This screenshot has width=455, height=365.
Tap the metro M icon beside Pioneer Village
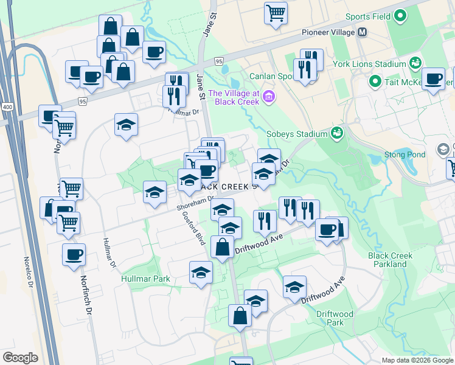363,32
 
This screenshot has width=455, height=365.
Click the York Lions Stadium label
369,64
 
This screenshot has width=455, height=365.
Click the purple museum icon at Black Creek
269,96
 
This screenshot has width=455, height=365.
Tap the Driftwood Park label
335,318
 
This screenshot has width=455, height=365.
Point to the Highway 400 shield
7,106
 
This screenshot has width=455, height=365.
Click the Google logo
20,358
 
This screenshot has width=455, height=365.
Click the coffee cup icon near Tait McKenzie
434,79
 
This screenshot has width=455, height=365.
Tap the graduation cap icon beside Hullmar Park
200,272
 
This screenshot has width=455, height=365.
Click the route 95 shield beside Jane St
220,61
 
